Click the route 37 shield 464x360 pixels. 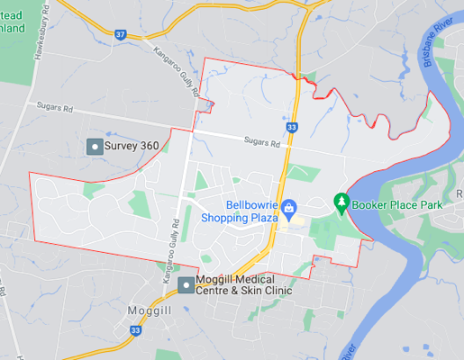pyautogui.click(x=120, y=34)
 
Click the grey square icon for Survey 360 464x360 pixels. pyautogui.click(x=93, y=146)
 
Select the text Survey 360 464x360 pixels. pyautogui.click(x=132, y=146)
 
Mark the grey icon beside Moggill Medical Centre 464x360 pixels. pyautogui.click(x=186, y=285)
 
